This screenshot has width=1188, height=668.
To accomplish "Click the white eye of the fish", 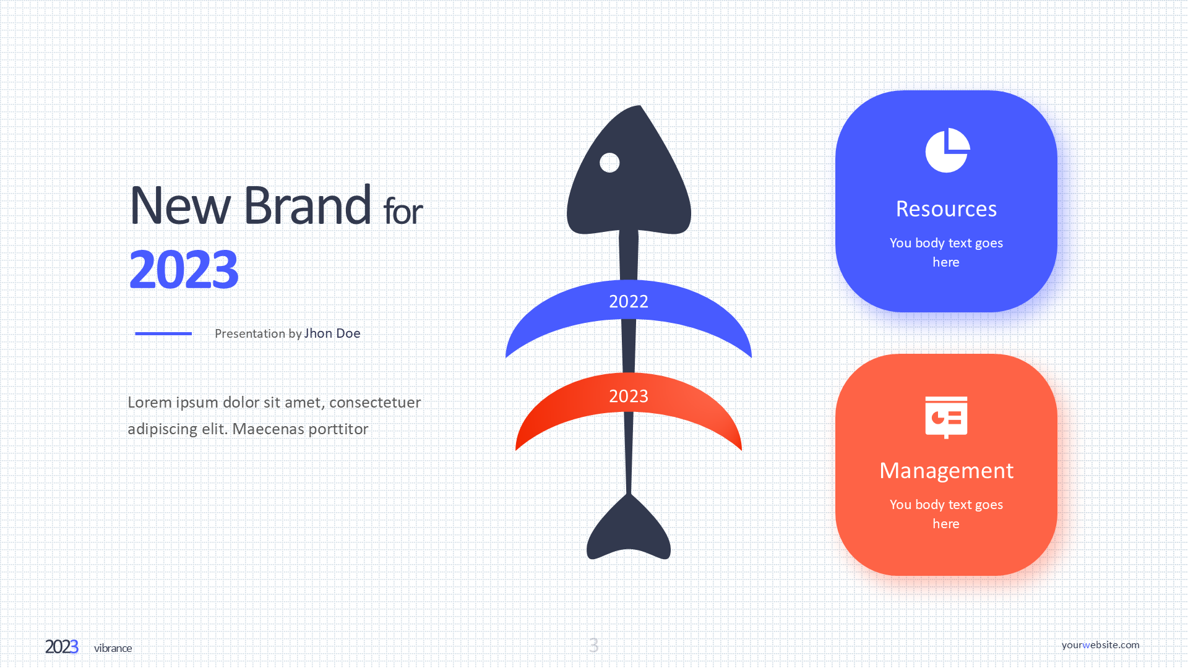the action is pyautogui.click(x=609, y=163).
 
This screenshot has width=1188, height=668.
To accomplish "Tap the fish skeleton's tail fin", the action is pyautogui.click(x=629, y=529).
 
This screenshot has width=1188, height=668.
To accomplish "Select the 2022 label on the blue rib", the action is pyautogui.click(x=629, y=301).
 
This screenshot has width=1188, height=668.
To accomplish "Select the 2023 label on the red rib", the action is pyautogui.click(x=629, y=396).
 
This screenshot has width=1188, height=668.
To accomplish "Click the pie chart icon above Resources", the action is pyautogui.click(x=947, y=150).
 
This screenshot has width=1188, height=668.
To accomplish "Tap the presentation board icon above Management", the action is pyautogui.click(x=946, y=417).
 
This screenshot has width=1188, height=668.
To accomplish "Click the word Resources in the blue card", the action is pyautogui.click(x=946, y=209).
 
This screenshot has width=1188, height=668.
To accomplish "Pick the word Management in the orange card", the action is pyautogui.click(x=946, y=471).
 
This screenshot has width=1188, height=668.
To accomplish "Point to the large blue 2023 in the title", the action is pyautogui.click(x=184, y=270).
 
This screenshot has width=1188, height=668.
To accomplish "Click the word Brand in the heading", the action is pyautogui.click(x=308, y=205).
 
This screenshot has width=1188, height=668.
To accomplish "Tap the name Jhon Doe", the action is pyautogui.click(x=332, y=333).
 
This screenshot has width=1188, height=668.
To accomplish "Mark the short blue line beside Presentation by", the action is pyautogui.click(x=163, y=333).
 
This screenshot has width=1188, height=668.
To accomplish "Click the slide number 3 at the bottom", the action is pyautogui.click(x=594, y=645).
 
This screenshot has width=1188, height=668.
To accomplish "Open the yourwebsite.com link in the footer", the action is pyautogui.click(x=1100, y=644).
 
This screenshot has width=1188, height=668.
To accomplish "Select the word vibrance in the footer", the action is pyautogui.click(x=113, y=648).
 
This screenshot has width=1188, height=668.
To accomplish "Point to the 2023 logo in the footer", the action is pyautogui.click(x=62, y=647).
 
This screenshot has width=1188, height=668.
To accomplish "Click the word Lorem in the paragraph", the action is pyautogui.click(x=150, y=403).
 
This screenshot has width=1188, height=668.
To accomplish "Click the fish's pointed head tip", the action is pyautogui.click(x=640, y=106).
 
